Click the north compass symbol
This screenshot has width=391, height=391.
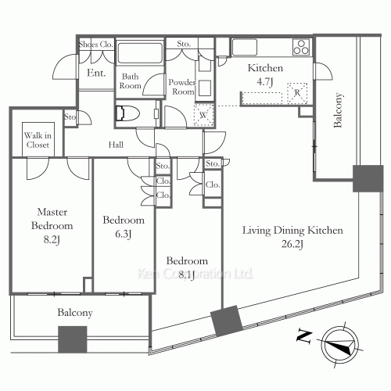coord(339,343)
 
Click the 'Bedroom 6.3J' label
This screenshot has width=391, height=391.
coord(124,226)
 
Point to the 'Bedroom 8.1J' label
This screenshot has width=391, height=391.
coord(187,266)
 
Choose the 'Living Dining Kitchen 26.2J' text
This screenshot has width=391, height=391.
coord(292,236)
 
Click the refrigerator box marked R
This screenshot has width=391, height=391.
coord(297,93)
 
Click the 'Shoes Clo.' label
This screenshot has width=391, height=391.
coord(97,45)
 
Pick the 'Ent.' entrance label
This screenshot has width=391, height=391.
coord(96,73)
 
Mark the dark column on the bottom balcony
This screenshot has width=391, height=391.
coord(72,339)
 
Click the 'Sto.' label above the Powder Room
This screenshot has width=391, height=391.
coord(185,45)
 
